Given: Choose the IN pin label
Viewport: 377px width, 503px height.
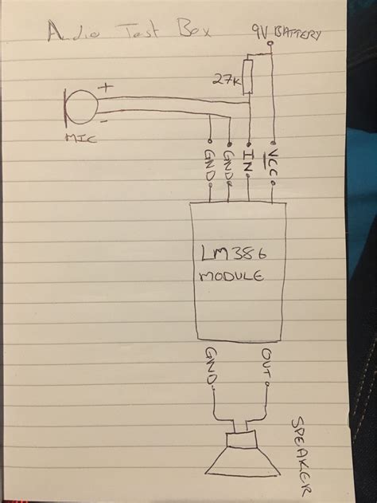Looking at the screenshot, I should (249, 159).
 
